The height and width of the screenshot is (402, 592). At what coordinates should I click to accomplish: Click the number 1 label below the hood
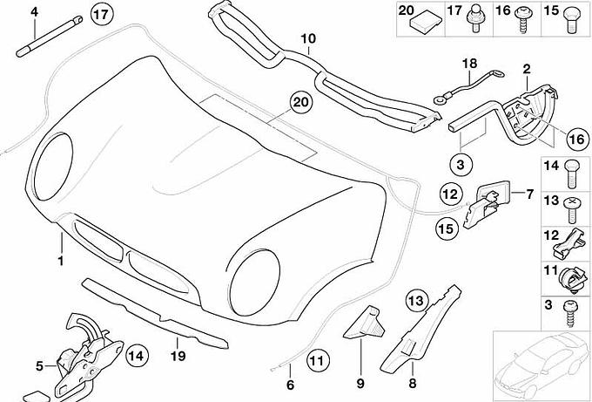[x=61, y=259]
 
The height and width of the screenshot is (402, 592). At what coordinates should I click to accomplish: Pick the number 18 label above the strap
[x=470, y=63]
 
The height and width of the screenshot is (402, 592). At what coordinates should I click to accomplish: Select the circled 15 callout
[x=447, y=229]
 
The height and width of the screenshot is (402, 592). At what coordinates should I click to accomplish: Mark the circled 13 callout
[x=414, y=300]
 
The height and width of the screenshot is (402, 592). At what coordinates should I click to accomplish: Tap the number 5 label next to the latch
[x=38, y=365]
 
